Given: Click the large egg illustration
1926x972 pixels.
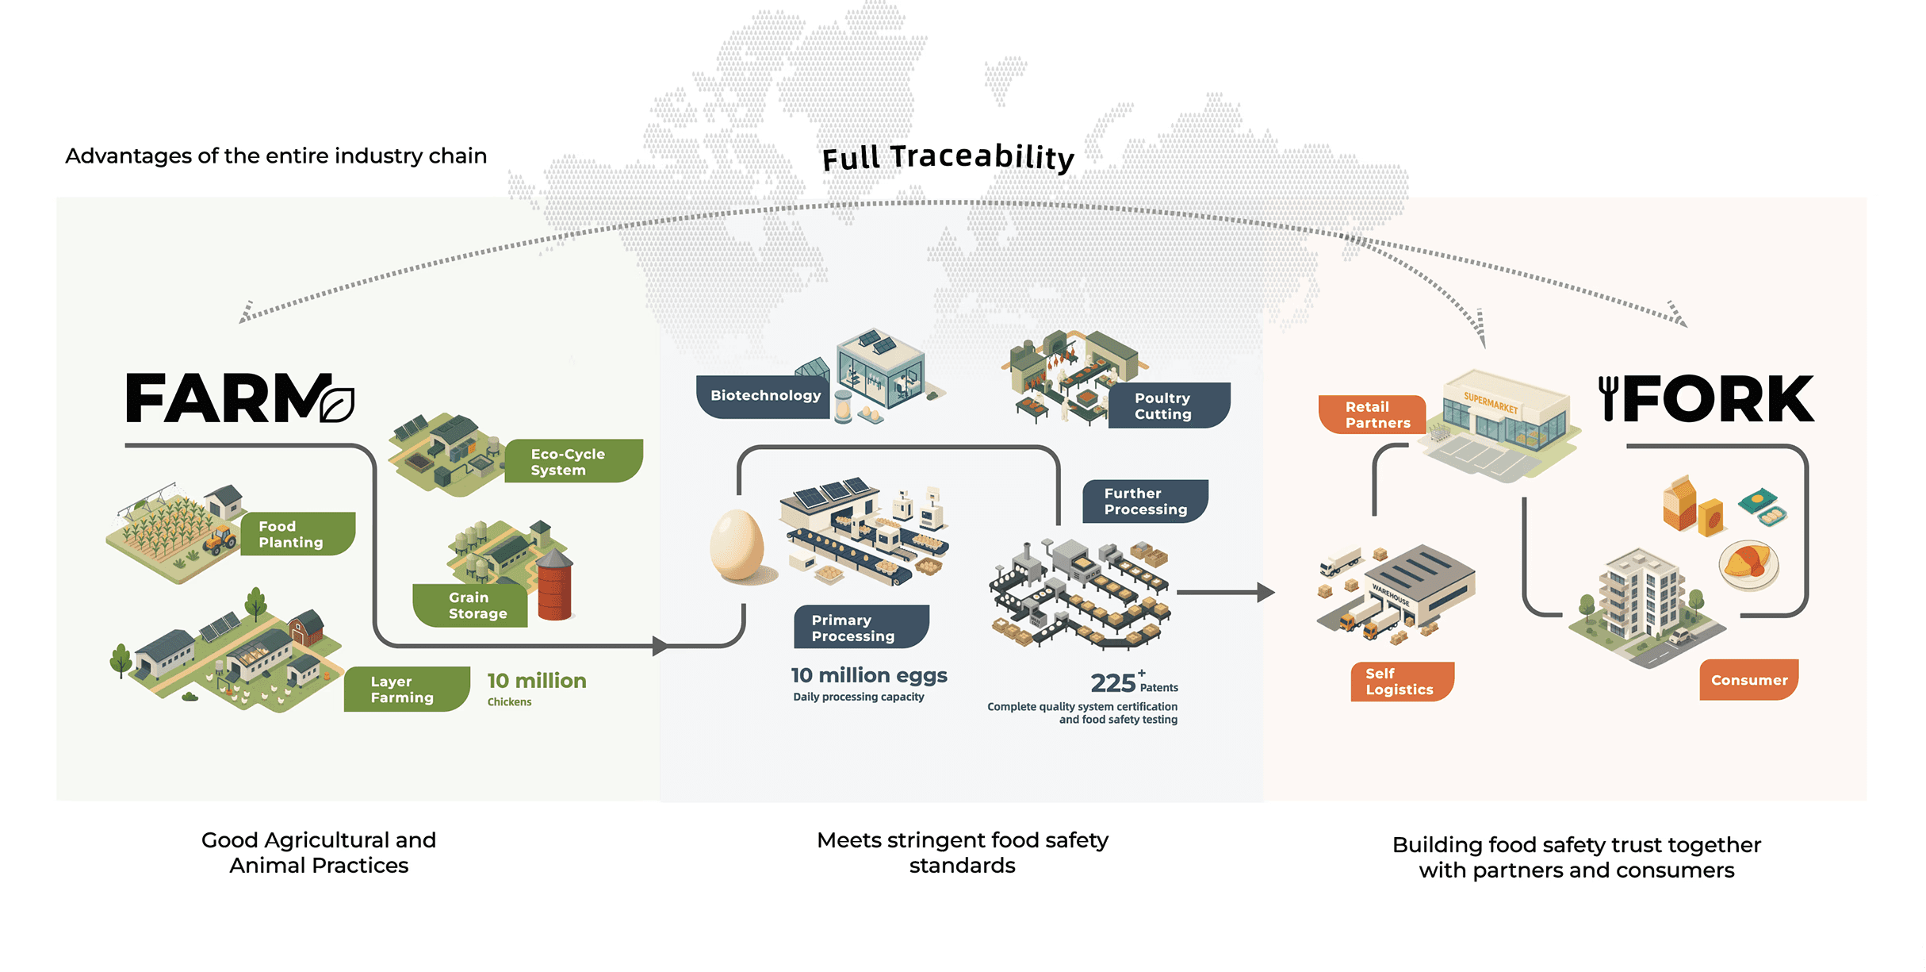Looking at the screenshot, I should click(x=737, y=546).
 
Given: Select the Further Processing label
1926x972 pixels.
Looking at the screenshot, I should click(x=1145, y=501).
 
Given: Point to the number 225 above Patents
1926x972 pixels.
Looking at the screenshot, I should click(x=1113, y=682).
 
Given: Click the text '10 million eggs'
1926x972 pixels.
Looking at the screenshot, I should click(x=869, y=675).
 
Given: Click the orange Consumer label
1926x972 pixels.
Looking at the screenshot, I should click(x=1748, y=680).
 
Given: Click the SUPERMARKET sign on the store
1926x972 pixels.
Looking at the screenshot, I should click(x=1491, y=403).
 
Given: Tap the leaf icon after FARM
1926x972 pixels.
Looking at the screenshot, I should click(x=338, y=405).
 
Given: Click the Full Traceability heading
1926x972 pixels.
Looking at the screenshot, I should click(x=948, y=157).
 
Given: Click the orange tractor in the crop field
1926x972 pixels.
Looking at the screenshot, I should click(x=220, y=540).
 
